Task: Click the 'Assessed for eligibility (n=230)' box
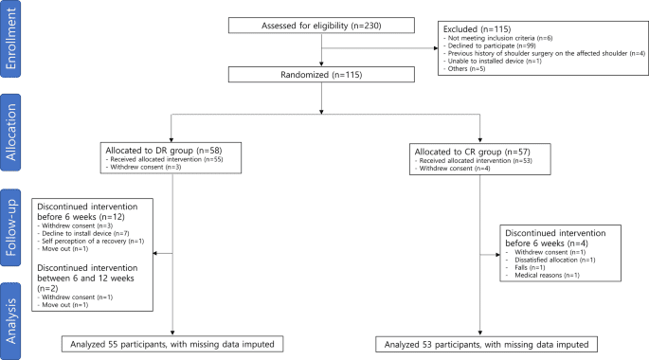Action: coord(323,26)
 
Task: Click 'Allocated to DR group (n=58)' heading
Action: coord(164,152)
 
